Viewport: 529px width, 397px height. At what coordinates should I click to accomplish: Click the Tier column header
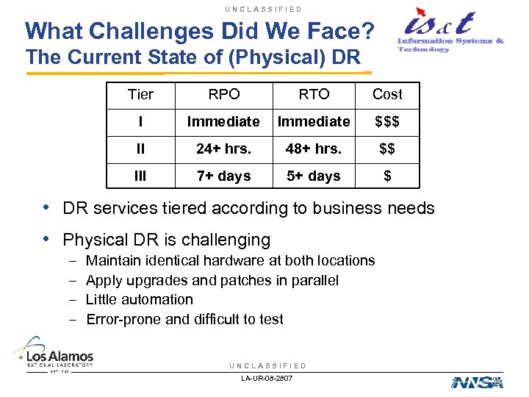pos(140,94)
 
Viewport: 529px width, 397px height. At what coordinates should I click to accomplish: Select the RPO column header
pos(223,94)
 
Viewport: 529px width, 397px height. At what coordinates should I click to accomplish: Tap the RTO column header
pos(314,94)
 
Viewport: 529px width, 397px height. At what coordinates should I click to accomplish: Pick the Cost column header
pos(387,94)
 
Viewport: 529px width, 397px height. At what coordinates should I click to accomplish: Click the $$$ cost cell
pos(387,121)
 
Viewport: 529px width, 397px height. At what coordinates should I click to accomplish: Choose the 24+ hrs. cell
pos(223,149)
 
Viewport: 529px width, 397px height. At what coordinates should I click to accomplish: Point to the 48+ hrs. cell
pos(314,149)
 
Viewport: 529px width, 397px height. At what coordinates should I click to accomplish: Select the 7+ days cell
pos(223,176)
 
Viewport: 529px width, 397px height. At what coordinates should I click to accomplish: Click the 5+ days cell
pos(314,176)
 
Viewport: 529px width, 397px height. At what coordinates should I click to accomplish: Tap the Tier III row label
pos(140,176)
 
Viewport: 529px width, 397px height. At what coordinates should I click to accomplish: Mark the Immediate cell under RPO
pos(223,121)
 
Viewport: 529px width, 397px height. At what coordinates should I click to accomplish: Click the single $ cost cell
pos(387,176)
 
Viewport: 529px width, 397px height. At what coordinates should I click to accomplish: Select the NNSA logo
pos(478,382)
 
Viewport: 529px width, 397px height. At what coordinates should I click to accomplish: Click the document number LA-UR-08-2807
pos(267,379)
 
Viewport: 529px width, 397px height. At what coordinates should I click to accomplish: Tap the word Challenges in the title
pos(156,31)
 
